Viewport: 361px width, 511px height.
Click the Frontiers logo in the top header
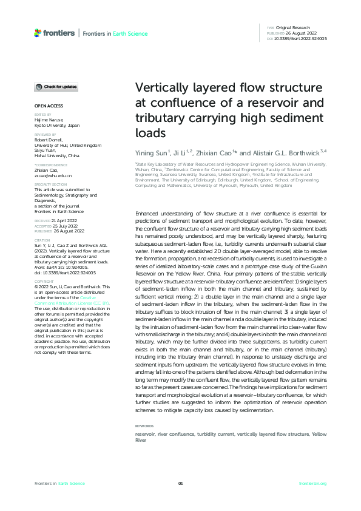55,33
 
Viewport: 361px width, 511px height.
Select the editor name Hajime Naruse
49,120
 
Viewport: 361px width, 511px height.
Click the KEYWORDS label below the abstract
144,426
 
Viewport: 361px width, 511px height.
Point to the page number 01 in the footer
180,483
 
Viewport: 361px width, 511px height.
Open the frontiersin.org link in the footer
313,483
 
